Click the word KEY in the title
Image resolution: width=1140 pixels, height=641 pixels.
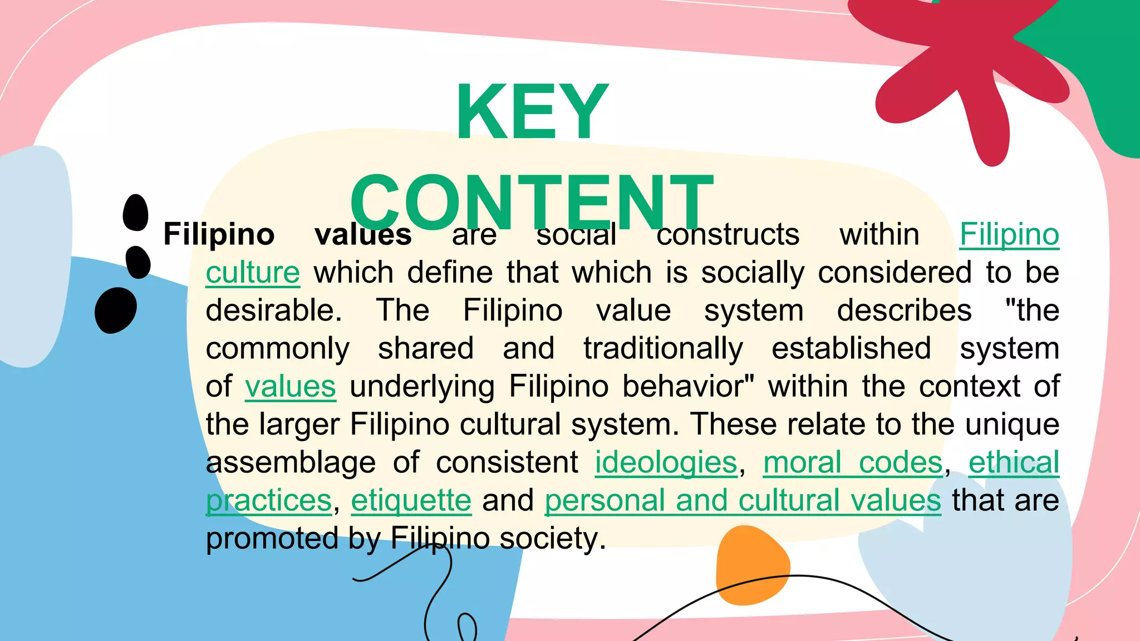point(532,112)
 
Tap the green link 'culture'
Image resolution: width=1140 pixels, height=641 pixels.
point(253,273)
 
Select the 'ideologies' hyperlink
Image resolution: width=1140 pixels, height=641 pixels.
point(666,462)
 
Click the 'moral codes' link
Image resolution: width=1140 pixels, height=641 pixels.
point(853,462)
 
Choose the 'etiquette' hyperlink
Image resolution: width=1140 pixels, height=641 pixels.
point(411,500)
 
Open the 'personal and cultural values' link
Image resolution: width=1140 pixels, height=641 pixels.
point(743,500)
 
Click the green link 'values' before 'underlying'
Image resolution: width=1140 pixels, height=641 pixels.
point(290,387)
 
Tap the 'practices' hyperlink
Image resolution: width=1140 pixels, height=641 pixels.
point(269,500)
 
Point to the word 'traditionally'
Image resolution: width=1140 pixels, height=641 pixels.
point(663,349)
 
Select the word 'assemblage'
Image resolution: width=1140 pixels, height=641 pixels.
point(291,462)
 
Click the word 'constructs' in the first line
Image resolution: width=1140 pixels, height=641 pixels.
point(728,234)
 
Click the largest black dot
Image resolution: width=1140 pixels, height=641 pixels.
point(116,310)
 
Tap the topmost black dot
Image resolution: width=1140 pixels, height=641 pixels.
point(136,213)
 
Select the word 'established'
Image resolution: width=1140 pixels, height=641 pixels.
point(851,349)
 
